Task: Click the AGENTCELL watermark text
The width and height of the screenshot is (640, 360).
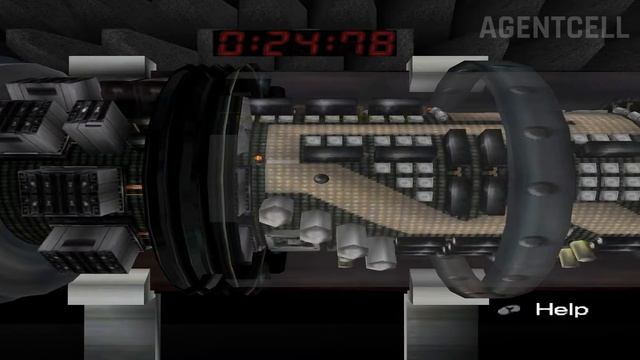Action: point(554,27)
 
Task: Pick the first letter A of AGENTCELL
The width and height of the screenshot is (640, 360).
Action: point(488,27)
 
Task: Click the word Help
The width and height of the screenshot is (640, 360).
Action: point(562,309)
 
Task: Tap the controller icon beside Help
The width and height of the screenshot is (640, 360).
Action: point(509,310)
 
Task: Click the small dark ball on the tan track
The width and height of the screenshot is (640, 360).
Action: point(321,179)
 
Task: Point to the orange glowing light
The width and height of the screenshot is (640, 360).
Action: point(258,157)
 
